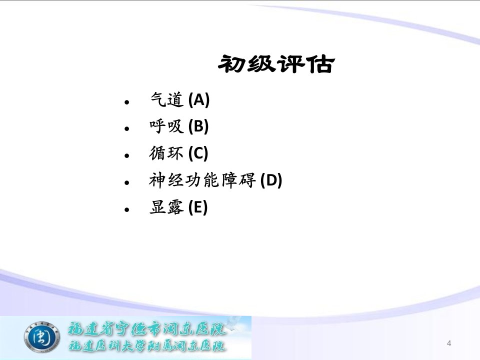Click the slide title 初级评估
click(276, 64)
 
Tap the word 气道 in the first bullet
click(167, 100)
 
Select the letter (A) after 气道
click(199, 100)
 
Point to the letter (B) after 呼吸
click(198, 126)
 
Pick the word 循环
click(166, 153)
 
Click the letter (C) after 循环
click(198, 153)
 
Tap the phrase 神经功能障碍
click(202, 180)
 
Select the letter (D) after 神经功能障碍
click(271, 180)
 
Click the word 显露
click(166, 207)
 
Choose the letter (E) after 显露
click(198, 207)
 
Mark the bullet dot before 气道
click(127, 102)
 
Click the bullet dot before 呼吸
click(127, 129)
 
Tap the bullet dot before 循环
click(127, 156)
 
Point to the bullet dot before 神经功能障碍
click(127, 183)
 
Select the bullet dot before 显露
click(127, 209)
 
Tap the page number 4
click(449, 343)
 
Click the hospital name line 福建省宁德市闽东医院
click(147, 329)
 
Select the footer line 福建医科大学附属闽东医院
click(147, 345)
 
